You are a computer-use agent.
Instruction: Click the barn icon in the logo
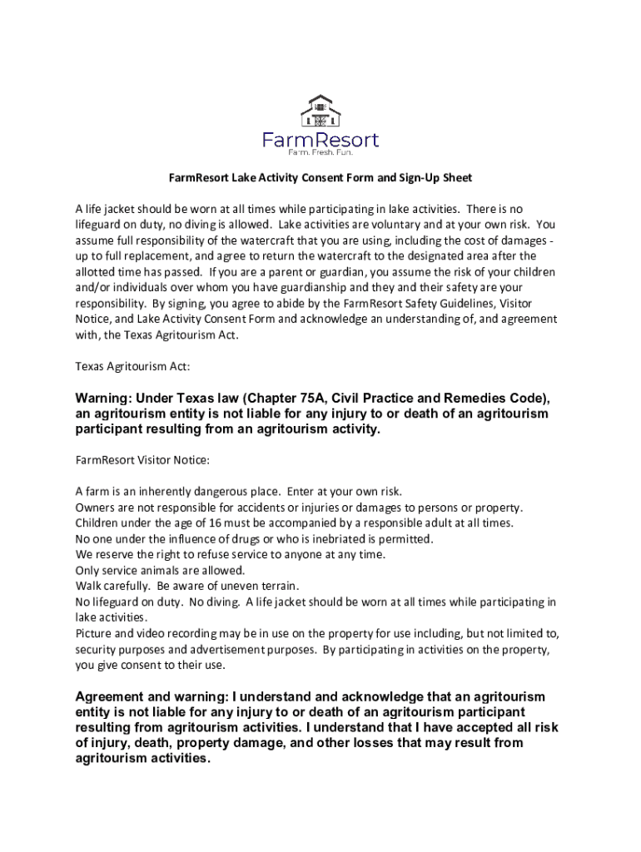320,113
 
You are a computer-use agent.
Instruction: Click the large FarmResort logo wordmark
320,140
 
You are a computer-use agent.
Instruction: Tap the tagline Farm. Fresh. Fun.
320,153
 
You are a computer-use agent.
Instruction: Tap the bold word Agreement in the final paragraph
109,696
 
